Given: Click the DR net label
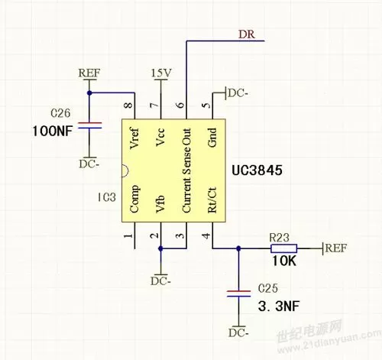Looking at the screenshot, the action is click(x=247, y=34).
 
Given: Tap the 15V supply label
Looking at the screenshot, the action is click(x=161, y=73).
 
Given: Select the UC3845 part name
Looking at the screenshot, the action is click(x=257, y=170).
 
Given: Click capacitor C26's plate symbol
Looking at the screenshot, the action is click(x=89, y=125).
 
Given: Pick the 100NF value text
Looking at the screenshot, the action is click(x=53, y=131).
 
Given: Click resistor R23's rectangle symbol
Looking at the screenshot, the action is click(x=283, y=248).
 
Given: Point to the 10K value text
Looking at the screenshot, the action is click(x=284, y=261).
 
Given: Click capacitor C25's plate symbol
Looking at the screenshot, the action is click(x=238, y=294).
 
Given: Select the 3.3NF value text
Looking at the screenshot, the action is click(x=279, y=306).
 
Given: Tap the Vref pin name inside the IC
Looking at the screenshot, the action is click(x=134, y=138).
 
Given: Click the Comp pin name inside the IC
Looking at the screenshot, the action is click(x=134, y=199).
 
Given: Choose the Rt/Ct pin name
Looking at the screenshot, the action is click(x=212, y=200).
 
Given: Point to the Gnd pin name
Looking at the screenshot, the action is click(x=212, y=138).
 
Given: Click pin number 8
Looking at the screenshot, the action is click(x=129, y=105).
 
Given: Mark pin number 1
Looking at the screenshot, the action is click(x=129, y=235).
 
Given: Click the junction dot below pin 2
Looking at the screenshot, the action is click(x=160, y=248).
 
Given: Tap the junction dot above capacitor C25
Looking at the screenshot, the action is click(x=238, y=248).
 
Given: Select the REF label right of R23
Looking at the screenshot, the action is click(x=336, y=248).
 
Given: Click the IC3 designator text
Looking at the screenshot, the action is click(x=107, y=197).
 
